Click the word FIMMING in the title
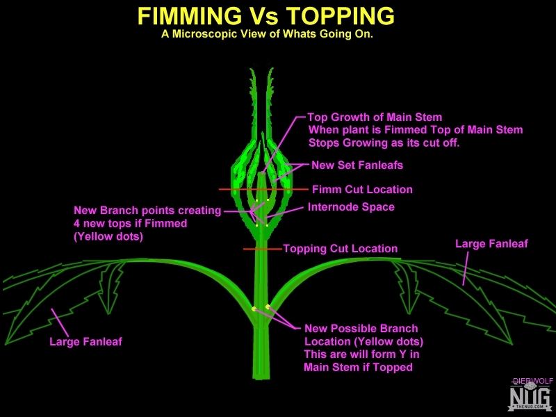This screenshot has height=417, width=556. tap(188, 16)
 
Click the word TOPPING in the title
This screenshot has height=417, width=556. tap(341, 16)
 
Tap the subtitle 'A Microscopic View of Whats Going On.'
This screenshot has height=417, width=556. tap(267, 34)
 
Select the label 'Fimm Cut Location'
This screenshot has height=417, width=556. tap(362, 189)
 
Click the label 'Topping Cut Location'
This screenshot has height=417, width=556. tap(341, 249)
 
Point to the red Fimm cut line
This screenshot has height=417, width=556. tap(263, 189)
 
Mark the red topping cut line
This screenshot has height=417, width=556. tap(263, 249)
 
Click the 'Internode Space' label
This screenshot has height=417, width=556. tap(351, 207)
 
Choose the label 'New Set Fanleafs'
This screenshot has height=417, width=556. tap(357, 165)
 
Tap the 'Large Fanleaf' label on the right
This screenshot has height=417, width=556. tap(491, 244)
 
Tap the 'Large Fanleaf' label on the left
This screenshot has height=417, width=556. tap(85, 341)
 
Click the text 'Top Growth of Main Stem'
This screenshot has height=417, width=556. tap(375, 117)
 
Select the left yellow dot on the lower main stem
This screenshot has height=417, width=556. tap(254, 309)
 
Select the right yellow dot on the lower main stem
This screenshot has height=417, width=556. tap(268, 306)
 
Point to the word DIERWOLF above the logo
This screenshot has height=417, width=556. tap(533, 381)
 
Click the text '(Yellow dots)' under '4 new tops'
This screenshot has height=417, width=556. tap(108, 236)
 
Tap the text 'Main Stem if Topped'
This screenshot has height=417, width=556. tap(358, 367)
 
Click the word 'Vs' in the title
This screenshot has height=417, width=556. tap(263, 16)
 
